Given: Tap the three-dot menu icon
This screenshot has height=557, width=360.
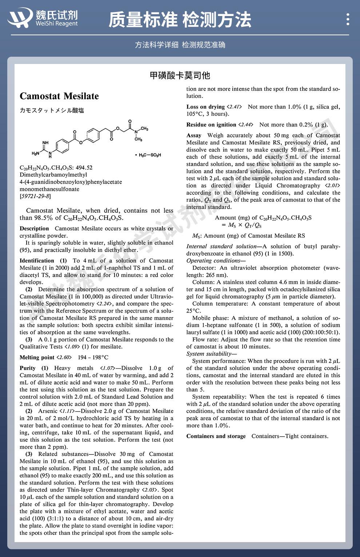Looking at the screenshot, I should pos(348,19).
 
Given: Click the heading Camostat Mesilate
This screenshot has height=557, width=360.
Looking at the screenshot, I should pos(59,96).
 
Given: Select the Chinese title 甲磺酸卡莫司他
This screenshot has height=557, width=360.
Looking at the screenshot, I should pos(180,75).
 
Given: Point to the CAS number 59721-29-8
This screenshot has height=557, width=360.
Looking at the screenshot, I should pos(35,196).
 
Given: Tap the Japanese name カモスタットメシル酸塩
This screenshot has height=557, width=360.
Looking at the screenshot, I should pos(52,111).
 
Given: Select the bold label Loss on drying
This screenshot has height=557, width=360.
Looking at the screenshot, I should pos(205,107).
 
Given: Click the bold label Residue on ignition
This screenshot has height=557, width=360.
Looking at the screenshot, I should pos(211,125).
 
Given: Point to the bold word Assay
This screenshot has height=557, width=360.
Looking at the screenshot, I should pos(194,135).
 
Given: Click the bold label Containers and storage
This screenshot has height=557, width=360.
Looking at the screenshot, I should pos(216,436).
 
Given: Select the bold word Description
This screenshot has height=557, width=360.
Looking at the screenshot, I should pos(34,229).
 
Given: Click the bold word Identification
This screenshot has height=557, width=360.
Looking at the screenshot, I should pos(37,261).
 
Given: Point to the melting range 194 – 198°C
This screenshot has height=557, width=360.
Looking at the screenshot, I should pos(93,357).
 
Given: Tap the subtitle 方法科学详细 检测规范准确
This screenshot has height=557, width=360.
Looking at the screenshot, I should pos(180,45).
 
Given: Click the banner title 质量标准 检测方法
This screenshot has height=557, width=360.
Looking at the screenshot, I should pos(180,20).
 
